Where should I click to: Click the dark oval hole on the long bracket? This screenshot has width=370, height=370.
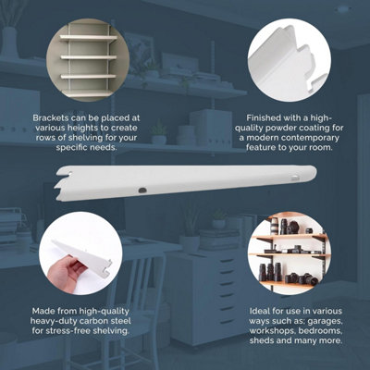(x=142, y=191)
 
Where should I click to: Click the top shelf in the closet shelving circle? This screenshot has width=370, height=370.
(x=89, y=38)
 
